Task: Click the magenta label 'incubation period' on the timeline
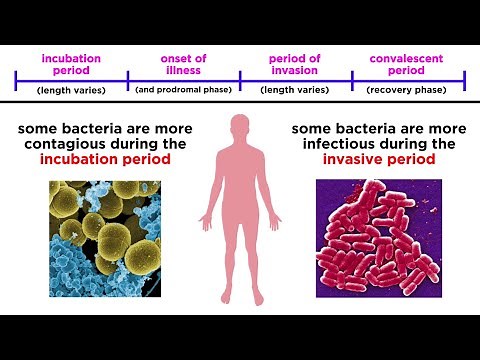pyautogui.click(x=71, y=63)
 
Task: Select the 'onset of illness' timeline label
pyautogui.click(x=182, y=63)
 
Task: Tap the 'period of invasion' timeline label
pyautogui.click(x=295, y=63)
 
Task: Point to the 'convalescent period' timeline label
pyautogui.click(x=408, y=63)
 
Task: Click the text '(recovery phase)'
pyautogui.click(x=408, y=90)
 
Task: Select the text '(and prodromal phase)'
pyautogui.click(x=182, y=90)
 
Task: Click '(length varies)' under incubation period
pyautogui.click(x=71, y=90)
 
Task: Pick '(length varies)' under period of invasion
pyautogui.click(x=295, y=90)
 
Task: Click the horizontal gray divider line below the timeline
pyautogui.click(x=240, y=103)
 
